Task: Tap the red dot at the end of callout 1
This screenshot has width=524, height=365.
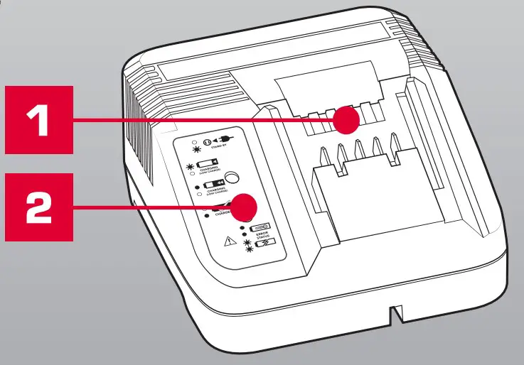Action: coord(346,120)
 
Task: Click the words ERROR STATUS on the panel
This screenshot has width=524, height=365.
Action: coord(255,236)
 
